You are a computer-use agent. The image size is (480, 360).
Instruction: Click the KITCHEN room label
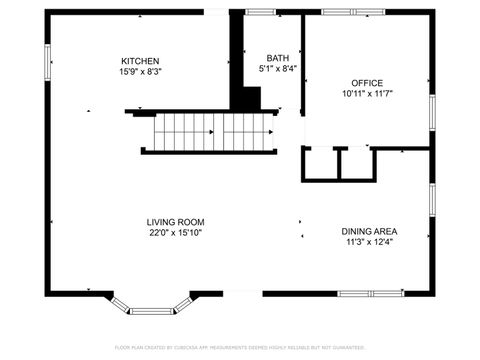click(x=140, y=61)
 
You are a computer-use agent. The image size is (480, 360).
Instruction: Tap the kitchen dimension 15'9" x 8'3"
click(x=140, y=72)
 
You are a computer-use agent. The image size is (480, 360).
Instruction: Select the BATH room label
click(x=278, y=58)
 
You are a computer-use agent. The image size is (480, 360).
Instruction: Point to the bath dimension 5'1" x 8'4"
click(x=278, y=69)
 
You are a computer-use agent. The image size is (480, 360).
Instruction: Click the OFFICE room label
click(x=366, y=82)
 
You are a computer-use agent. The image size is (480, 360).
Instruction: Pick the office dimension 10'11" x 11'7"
click(x=366, y=93)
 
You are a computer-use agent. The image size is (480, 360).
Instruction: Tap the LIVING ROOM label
click(x=175, y=222)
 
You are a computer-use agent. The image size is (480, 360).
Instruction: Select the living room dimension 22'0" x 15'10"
click(x=175, y=233)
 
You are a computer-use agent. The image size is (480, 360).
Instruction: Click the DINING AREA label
click(x=370, y=230)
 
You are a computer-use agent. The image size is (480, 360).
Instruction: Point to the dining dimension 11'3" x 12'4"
click(x=370, y=241)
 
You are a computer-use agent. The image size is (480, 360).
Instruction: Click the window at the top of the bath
click(x=262, y=12)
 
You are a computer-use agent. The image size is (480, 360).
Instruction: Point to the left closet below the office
click(x=321, y=164)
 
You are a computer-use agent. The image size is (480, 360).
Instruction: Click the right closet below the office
click(x=356, y=164)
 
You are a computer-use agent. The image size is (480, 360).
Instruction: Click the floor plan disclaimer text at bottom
click(x=240, y=346)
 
